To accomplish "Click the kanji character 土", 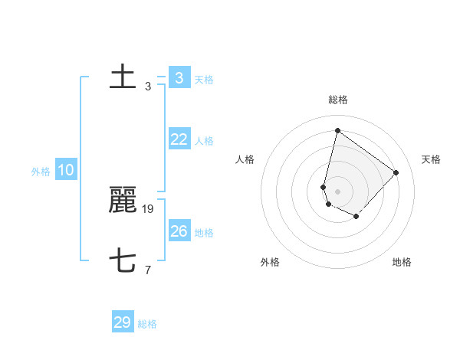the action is point(123,77).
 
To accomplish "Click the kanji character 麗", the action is point(123,201).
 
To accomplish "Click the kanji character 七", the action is point(123,262).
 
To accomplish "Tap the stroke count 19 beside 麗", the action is point(149,208).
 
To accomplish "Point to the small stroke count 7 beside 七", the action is point(148,270).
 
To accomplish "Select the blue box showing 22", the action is point(179,139).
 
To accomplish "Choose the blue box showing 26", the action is point(179,231).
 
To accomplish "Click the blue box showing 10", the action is point(66,170).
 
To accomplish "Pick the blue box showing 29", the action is point(123,322).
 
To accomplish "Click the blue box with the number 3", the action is point(179,77).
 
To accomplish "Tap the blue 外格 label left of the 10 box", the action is point(41,172).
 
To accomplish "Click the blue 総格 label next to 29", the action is point(147,324).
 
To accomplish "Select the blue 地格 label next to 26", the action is point(204,233).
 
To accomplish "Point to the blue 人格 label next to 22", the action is point(204,141).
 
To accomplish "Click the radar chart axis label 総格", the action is point(337,100).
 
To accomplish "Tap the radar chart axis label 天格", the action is point(431,159).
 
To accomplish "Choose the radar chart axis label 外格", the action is point(270,262).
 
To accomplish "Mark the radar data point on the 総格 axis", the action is point(337,130).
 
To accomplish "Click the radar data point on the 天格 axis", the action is point(396,172).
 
